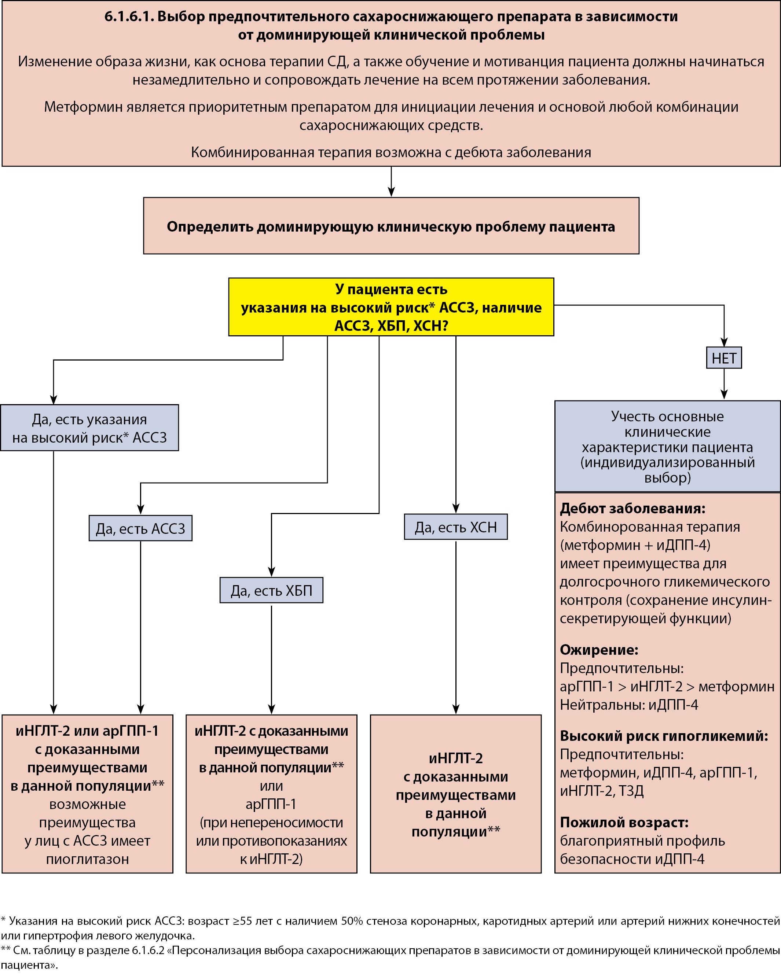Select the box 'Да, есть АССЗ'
[x=140, y=528]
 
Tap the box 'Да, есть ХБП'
[x=271, y=590]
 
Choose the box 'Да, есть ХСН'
[x=456, y=527]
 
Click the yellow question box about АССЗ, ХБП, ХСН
[x=391, y=307]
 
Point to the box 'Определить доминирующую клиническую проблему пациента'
[x=391, y=226]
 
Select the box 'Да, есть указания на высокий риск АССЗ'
[x=89, y=428]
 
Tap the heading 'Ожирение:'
[x=599, y=650]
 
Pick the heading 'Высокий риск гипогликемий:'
[x=664, y=736]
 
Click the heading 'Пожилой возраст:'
[x=624, y=822]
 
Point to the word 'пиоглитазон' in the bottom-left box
[x=87, y=859]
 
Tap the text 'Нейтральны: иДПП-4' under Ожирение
[x=628, y=705]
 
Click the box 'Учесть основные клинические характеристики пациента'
[x=667, y=446]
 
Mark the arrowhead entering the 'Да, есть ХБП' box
[x=271, y=572]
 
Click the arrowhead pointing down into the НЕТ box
[x=724, y=342]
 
